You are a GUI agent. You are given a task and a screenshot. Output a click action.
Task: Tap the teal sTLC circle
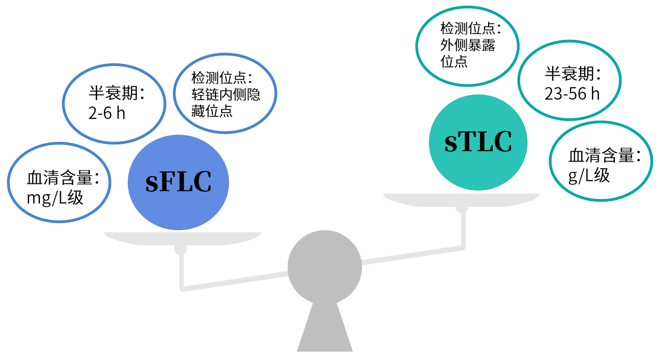point(478,142)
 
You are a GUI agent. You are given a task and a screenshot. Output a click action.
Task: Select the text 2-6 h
point(107,113)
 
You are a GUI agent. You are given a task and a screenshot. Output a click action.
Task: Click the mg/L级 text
point(55,197)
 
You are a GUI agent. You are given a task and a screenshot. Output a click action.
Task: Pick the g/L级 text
point(589,176)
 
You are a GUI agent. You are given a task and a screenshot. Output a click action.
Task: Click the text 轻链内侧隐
point(225,95)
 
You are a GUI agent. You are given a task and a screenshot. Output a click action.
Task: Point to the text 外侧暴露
point(468,45)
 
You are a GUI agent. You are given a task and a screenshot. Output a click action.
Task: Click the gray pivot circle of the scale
point(325,267)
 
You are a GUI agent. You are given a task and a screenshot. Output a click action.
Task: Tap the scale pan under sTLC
point(461,199)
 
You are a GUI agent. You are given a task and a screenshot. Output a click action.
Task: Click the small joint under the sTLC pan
point(462,209)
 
